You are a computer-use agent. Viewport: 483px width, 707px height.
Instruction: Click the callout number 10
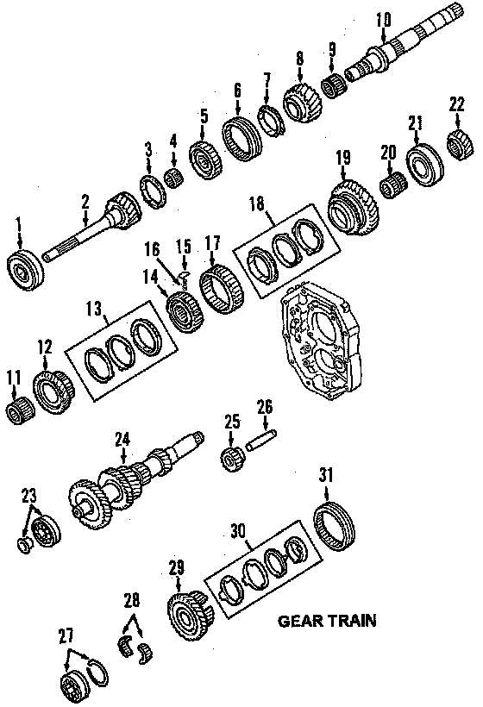383,21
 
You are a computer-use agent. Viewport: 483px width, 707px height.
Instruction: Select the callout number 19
342,159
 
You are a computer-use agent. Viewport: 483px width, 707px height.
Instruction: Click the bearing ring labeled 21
425,165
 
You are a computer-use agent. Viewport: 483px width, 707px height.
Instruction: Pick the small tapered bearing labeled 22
460,144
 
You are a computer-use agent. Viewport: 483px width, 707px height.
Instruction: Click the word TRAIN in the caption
352,621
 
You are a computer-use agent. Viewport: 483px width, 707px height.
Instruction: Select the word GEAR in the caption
300,621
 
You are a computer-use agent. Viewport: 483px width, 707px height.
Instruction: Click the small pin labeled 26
261,440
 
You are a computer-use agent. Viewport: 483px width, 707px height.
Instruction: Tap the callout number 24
122,439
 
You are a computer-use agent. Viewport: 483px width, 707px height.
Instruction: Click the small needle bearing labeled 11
21,409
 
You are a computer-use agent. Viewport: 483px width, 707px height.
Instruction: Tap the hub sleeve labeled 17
222,290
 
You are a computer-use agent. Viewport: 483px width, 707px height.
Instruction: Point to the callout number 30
238,531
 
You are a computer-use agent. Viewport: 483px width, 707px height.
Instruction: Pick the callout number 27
66,636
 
